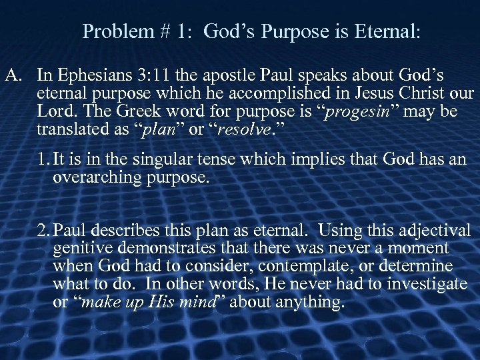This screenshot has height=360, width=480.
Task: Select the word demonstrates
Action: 169,249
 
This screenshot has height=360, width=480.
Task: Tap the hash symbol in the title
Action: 164,31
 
